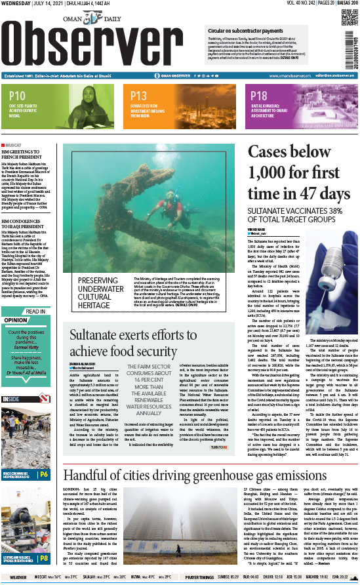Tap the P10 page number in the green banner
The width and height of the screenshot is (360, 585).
tap(17, 96)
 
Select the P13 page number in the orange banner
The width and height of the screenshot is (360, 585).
tap(139, 96)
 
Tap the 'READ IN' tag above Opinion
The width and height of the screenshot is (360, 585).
tap(35, 312)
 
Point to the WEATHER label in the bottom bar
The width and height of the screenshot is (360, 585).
tap(18, 578)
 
